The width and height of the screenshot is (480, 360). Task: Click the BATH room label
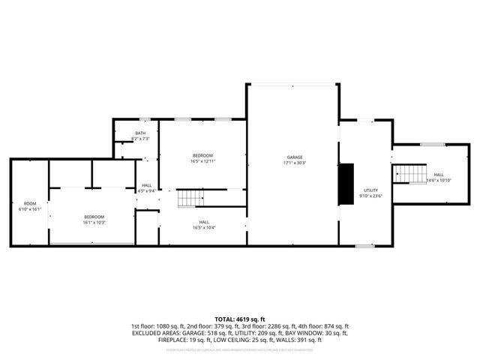pyautogui.click(x=140, y=133)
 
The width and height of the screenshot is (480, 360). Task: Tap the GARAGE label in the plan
pyautogui.click(x=293, y=157)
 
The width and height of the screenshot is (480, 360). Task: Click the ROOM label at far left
pyautogui.click(x=30, y=204)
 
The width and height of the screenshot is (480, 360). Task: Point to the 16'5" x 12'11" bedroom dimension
pyautogui.click(x=202, y=161)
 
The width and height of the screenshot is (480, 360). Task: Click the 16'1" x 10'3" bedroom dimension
pyautogui.click(x=94, y=223)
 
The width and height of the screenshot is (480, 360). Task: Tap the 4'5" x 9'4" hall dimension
pyautogui.click(x=147, y=191)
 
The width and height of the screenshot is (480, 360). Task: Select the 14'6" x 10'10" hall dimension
pyautogui.click(x=438, y=180)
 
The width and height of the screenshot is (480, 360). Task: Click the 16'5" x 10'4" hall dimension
pyautogui.click(x=204, y=227)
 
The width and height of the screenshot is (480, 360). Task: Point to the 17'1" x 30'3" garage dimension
pyautogui.click(x=293, y=163)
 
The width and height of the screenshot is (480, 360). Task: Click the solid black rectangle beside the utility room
pyautogui.click(x=346, y=184)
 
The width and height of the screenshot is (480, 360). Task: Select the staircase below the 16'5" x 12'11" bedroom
pyautogui.click(x=190, y=199)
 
